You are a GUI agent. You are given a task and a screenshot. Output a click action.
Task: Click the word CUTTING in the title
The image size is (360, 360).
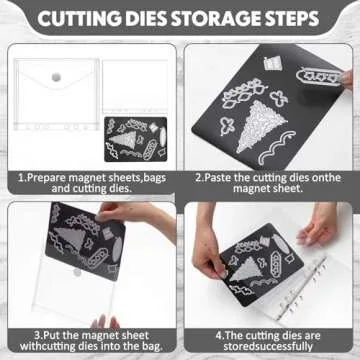(79, 19)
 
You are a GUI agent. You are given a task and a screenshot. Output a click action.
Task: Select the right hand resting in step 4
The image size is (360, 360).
(317, 225)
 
